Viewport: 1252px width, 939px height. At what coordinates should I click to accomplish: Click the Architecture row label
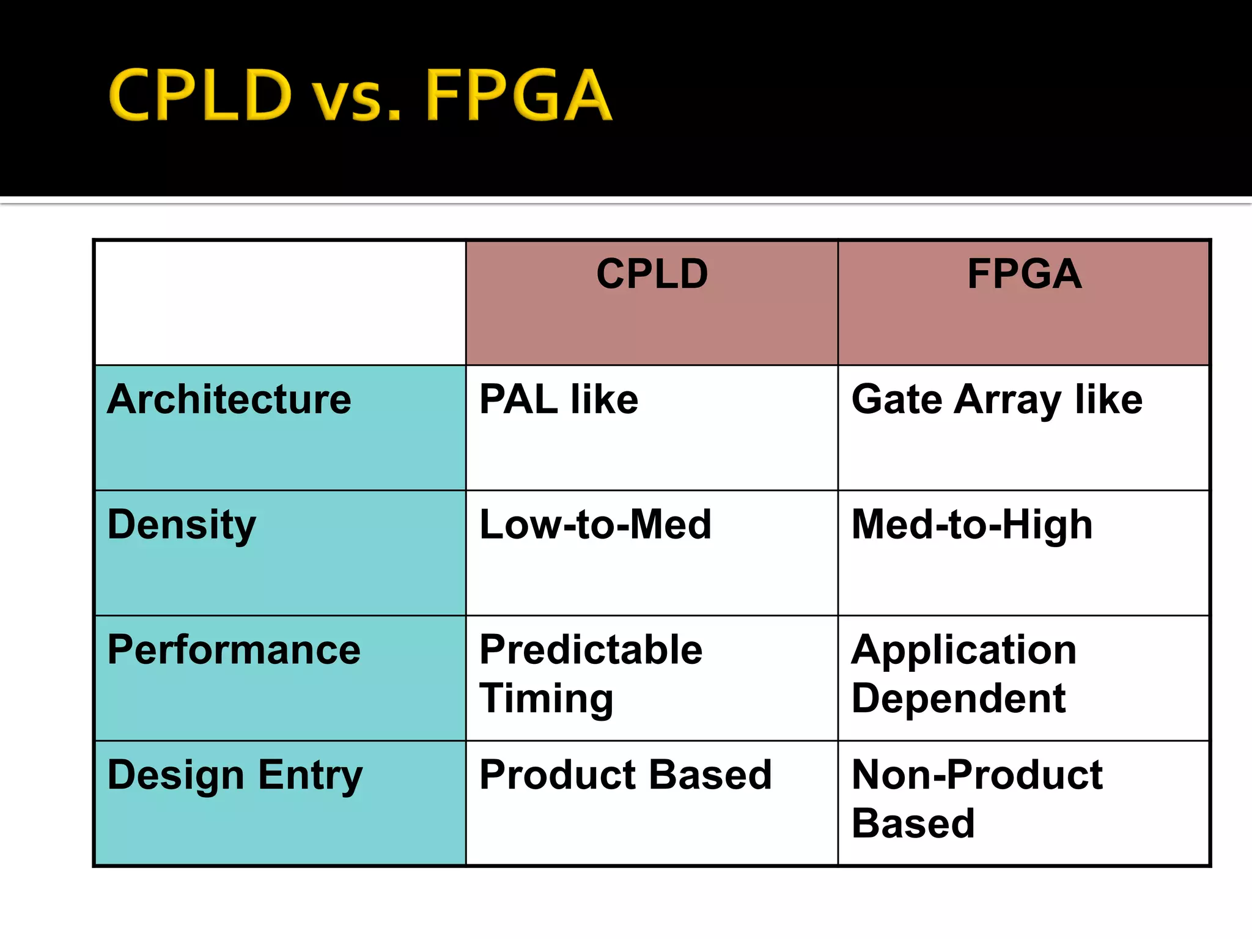coord(229,400)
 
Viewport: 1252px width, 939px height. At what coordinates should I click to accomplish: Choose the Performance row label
coord(234,650)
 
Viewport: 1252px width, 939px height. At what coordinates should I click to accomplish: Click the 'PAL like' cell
coord(559,400)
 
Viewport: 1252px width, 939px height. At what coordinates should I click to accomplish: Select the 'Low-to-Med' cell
coord(595,525)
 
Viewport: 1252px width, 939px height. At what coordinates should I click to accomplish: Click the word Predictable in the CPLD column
coord(591,650)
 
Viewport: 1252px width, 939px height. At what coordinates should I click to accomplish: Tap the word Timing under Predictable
coord(546,699)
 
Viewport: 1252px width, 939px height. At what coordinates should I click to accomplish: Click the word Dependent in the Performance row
coord(958,699)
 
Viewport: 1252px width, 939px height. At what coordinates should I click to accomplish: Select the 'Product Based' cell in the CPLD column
coord(625,775)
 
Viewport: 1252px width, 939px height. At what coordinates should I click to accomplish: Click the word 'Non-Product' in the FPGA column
coord(977,775)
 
